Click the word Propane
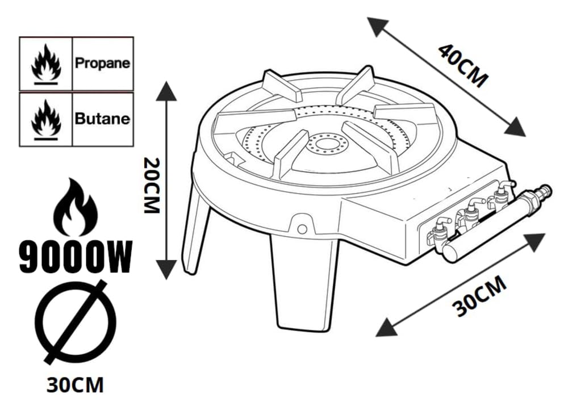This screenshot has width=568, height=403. (x=102, y=63)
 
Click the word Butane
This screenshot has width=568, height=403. (x=102, y=119)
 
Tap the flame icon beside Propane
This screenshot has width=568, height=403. (x=46, y=64)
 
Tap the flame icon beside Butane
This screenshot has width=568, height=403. (x=46, y=120)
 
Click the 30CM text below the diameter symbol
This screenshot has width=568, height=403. (x=75, y=384)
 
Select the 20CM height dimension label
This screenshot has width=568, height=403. (x=152, y=185)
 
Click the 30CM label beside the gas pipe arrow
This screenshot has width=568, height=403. (x=479, y=296)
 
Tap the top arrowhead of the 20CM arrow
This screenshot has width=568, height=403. (x=166, y=91)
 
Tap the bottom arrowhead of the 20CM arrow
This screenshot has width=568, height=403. (x=166, y=270)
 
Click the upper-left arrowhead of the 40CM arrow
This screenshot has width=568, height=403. (x=377, y=26)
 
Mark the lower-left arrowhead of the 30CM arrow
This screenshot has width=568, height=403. (x=386, y=328)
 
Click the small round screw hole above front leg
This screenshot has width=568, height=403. (x=302, y=229)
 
